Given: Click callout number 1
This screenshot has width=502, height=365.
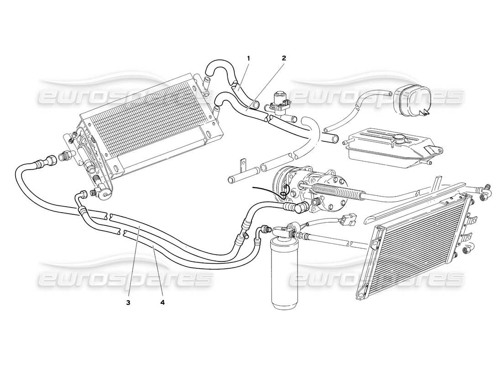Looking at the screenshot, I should pyautogui.click(x=249, y=58).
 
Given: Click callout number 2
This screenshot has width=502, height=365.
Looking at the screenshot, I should pyautogui.click(x=283, y=58).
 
